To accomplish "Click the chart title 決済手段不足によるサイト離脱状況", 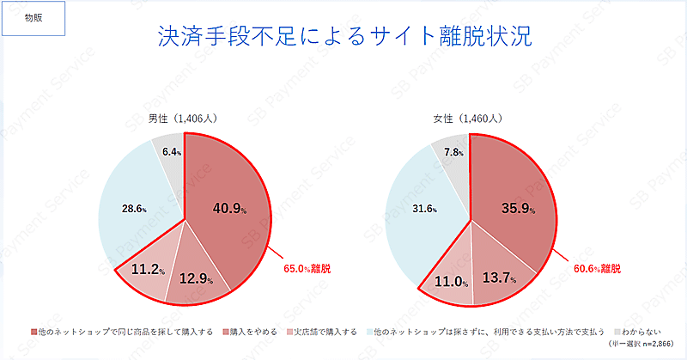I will tap(343, 36).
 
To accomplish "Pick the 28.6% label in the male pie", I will tap(133, 209).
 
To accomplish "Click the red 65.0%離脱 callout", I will tap(307, 269).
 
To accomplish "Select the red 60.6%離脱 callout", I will tap(597, 269).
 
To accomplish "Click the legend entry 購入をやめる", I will tap(252, 331).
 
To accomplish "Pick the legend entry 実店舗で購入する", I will tap(325, 331).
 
